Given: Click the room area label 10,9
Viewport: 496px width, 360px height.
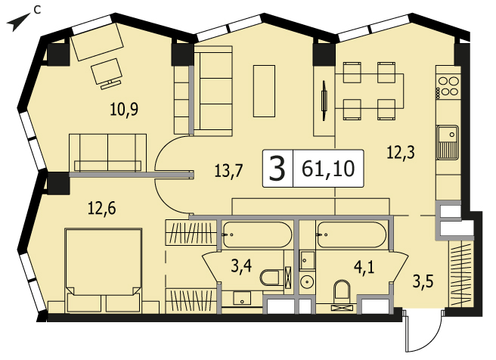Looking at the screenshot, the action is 124,110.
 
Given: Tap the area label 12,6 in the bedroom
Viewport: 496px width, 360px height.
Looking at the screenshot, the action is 102,209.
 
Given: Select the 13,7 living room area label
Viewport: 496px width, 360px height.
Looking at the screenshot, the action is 228,171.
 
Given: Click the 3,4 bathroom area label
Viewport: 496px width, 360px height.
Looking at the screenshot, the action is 241,265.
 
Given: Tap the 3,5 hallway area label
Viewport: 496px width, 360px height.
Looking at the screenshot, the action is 423,281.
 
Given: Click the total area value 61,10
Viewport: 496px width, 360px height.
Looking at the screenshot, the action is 328,169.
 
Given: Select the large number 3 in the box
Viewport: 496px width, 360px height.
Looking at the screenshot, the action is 277,169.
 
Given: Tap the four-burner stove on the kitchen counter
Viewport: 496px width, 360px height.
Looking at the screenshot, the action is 448,86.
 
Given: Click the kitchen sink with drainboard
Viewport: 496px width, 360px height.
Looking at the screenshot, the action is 448,142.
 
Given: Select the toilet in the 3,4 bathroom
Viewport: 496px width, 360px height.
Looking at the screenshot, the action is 269,278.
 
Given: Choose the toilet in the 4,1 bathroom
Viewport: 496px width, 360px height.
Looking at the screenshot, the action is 343,290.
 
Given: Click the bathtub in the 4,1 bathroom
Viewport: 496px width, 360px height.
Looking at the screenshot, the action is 352,234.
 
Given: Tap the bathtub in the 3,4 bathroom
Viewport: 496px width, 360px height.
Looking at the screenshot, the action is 257,234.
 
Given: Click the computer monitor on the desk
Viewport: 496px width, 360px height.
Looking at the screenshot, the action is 107,73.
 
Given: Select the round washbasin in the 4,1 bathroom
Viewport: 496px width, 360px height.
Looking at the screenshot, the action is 306,283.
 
